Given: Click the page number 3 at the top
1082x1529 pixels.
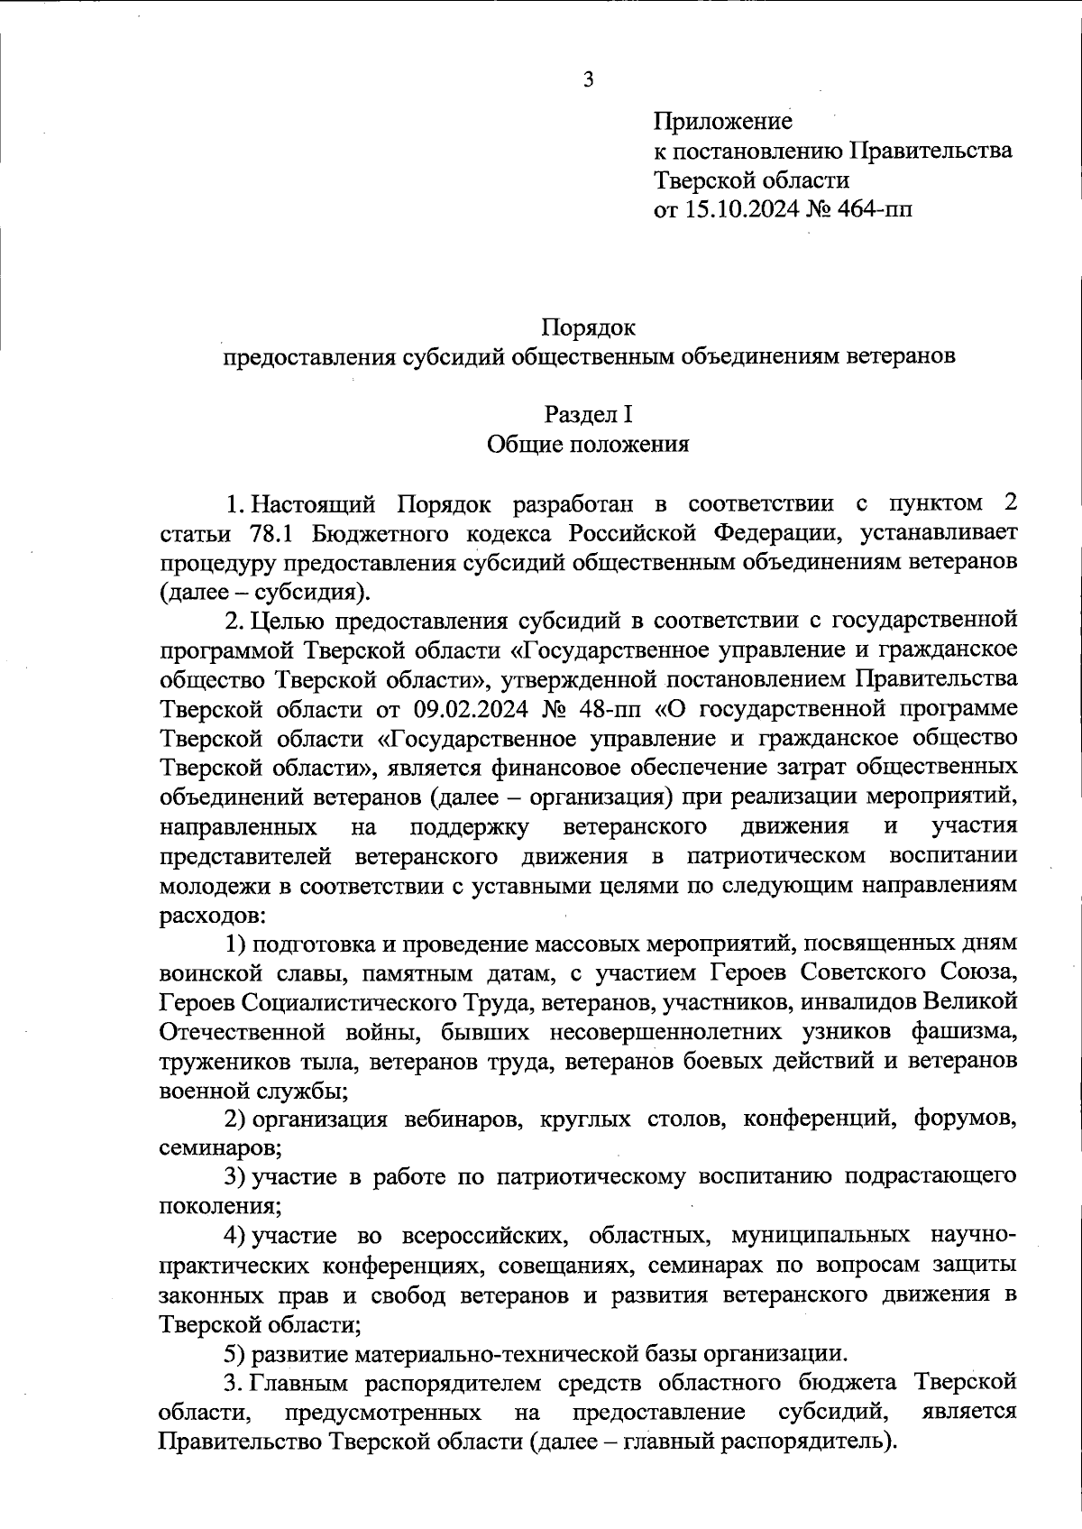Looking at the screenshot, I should click(x=588, y=79).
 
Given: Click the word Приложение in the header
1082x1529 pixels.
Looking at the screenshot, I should click(x=722, y=121).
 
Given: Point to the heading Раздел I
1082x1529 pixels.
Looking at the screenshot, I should click(x=588, y=414).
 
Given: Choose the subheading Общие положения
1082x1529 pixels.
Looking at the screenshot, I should click(x=588, y=444).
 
